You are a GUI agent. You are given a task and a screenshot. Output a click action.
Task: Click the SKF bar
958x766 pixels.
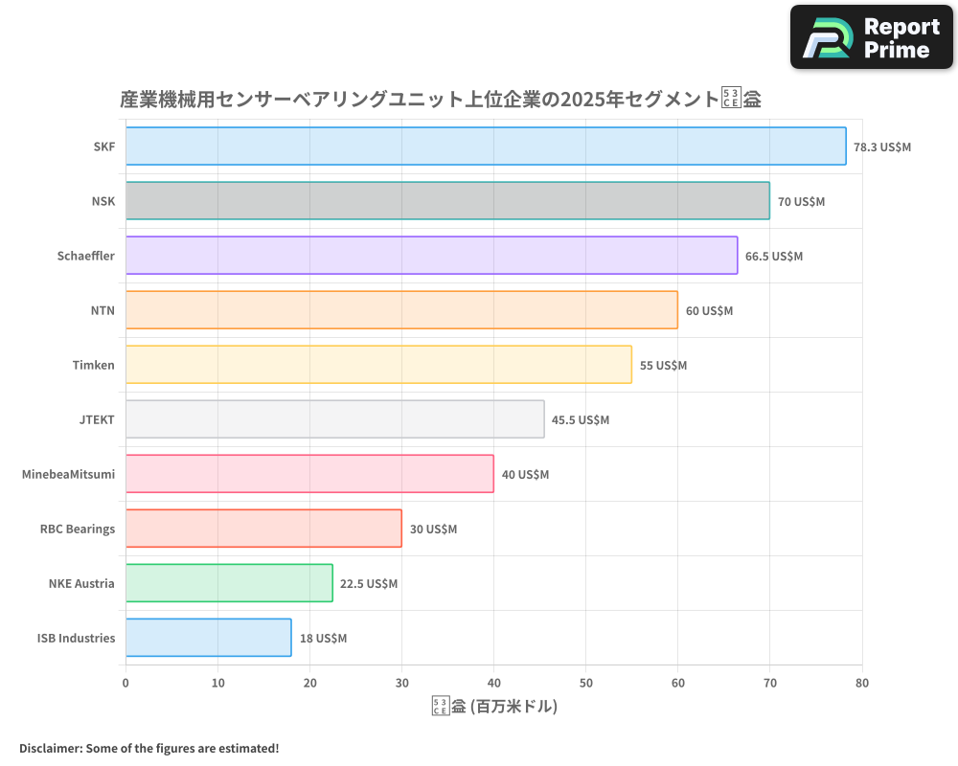(486, 146)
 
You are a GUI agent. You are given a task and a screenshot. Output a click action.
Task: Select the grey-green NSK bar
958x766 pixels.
(447, 201)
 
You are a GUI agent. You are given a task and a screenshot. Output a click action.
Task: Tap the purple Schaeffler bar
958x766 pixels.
(431, 256)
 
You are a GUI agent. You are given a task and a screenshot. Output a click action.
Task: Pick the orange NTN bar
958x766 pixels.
(401, 310)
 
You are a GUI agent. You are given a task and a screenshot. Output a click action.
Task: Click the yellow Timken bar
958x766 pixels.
(378, 365)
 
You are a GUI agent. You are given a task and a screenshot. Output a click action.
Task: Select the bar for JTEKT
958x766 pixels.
(334, 419)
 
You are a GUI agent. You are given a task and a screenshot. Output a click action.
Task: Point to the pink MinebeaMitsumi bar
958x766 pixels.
(309, 474)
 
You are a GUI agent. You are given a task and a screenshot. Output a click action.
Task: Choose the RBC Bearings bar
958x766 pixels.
(263, 529)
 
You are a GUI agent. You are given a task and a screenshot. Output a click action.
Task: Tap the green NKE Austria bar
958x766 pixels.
(229, 583)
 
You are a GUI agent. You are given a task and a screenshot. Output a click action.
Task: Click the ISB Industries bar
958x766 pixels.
(208, 638)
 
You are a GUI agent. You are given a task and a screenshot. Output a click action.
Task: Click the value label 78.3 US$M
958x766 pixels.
(882, 147)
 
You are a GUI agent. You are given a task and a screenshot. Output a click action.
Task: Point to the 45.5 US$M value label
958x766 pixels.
(581, 420)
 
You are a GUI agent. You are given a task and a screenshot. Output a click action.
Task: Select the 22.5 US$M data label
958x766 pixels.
(369, 584)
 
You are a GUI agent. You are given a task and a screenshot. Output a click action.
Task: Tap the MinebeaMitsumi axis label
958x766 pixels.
(68, 474)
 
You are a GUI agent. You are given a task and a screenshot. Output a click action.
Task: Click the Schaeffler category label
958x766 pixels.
(86, 256)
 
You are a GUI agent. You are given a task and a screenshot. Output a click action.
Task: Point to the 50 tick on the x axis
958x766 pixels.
(585, 683)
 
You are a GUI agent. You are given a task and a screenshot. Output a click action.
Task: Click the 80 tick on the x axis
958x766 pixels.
(861, 683)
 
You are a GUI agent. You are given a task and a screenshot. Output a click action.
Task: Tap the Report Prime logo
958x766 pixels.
(873, 37)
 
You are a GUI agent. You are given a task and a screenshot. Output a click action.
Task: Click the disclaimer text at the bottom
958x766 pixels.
(148, 748)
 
